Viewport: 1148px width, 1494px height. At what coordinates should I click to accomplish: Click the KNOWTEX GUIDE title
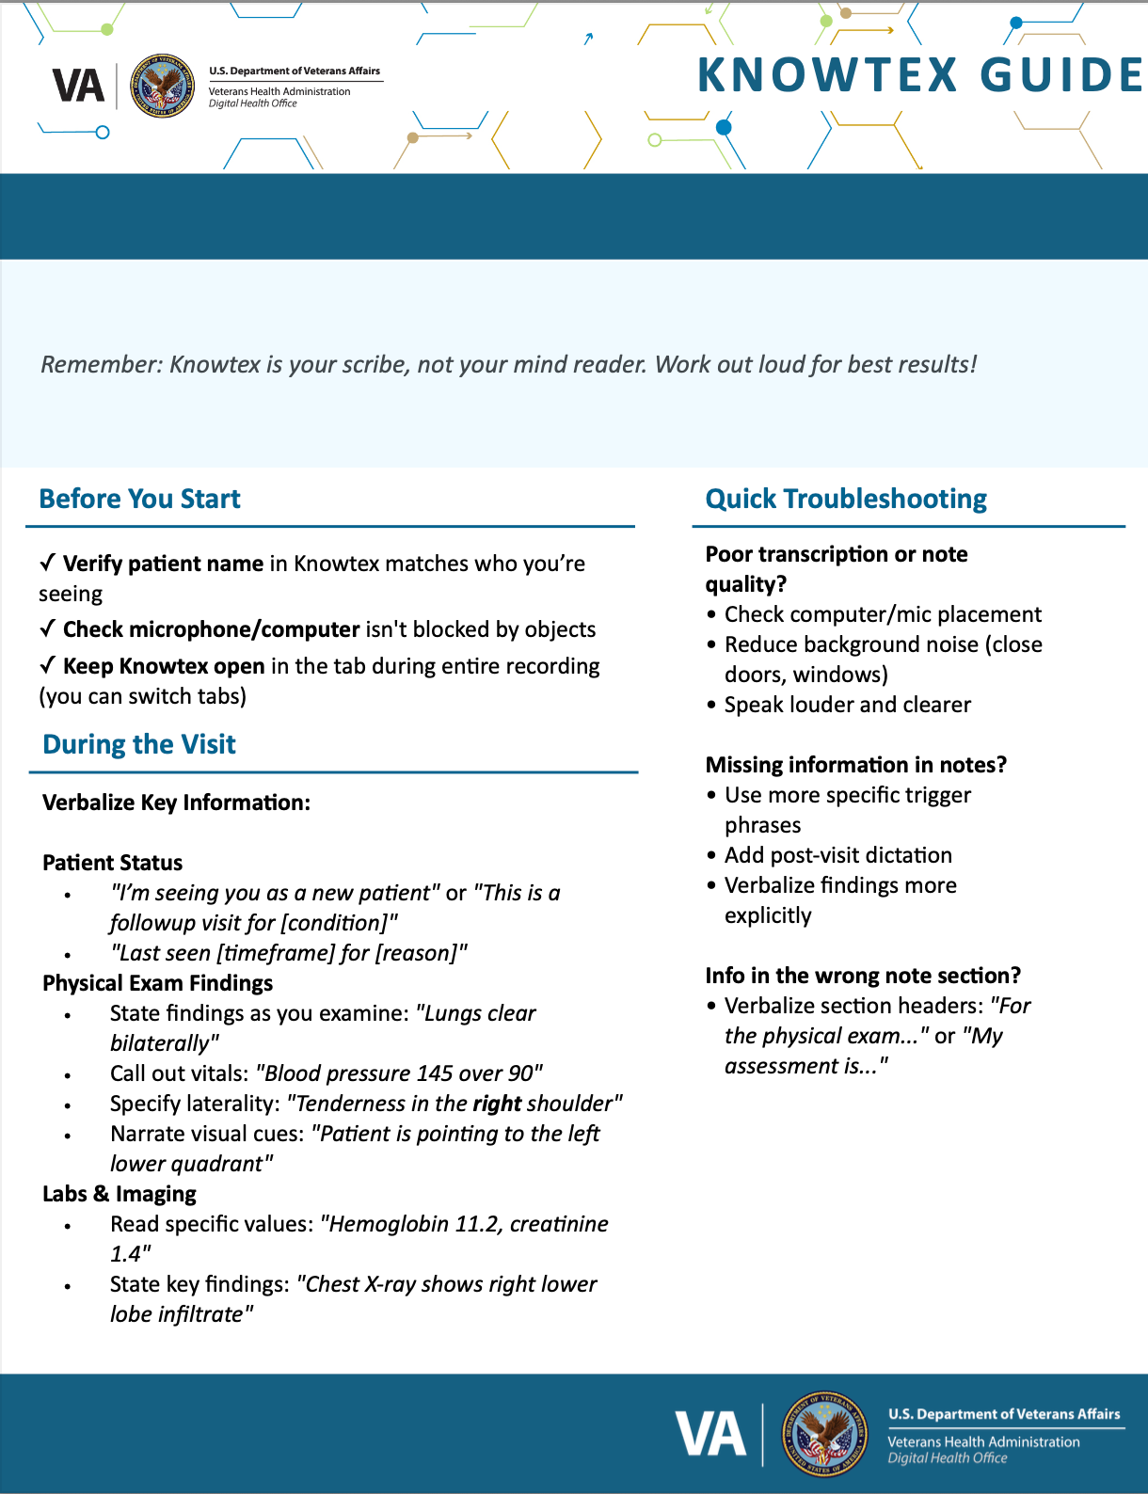tap(919, 75)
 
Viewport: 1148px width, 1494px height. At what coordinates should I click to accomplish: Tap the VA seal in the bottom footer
tap(825, 1434)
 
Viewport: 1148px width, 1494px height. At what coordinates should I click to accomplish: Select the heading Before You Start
tap(139, 499)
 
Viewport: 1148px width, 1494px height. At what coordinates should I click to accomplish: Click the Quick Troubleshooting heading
tap(846, 499)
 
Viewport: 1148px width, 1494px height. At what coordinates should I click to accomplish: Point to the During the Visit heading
tap(139, 744)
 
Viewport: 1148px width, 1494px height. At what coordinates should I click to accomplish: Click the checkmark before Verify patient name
tap(47, 563)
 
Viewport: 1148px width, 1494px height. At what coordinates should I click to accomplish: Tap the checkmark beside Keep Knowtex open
tap(47, 665)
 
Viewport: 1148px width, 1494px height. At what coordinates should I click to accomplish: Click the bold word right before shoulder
tap(497, 1104)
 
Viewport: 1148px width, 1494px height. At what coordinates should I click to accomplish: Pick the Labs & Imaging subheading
tap(120, 1194)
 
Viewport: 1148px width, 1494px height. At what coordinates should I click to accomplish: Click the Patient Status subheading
tap(113, 863)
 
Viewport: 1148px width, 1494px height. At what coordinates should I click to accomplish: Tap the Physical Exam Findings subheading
tap(157, 983)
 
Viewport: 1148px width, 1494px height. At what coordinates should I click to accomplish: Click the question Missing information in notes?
tap(855, 765)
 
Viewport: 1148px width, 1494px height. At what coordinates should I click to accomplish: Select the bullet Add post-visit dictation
tap(837, 855)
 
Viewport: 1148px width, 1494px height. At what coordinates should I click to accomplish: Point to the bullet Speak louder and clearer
tap(847, 705)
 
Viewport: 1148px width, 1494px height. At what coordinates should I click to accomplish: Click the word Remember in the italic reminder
tap(101, 364)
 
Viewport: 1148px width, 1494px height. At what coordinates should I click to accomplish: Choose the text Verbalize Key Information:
tap(176, 803)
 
